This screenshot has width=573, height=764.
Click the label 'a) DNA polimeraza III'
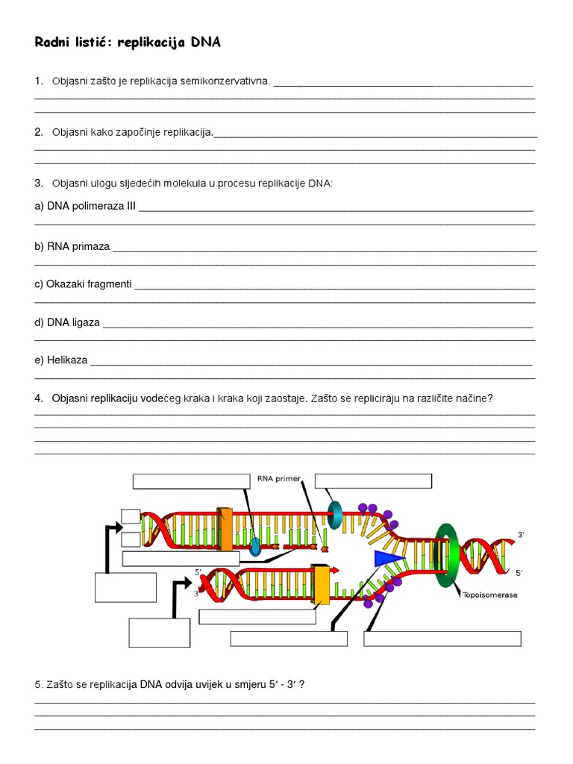(84, 207)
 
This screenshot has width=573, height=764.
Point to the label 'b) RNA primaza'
(72, 246)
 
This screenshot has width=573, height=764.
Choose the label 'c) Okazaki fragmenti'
(83, 284)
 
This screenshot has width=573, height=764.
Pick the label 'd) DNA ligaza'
(67, 322)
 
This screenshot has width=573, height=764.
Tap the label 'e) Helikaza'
(61, 360)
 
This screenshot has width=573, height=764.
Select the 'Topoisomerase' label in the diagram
(490, 595)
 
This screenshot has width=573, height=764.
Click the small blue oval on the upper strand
(255, 547)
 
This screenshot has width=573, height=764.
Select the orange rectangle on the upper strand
(225, 529)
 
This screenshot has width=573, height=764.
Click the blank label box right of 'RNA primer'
(373, 480)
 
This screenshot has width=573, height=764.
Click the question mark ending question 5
(301, 683)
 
